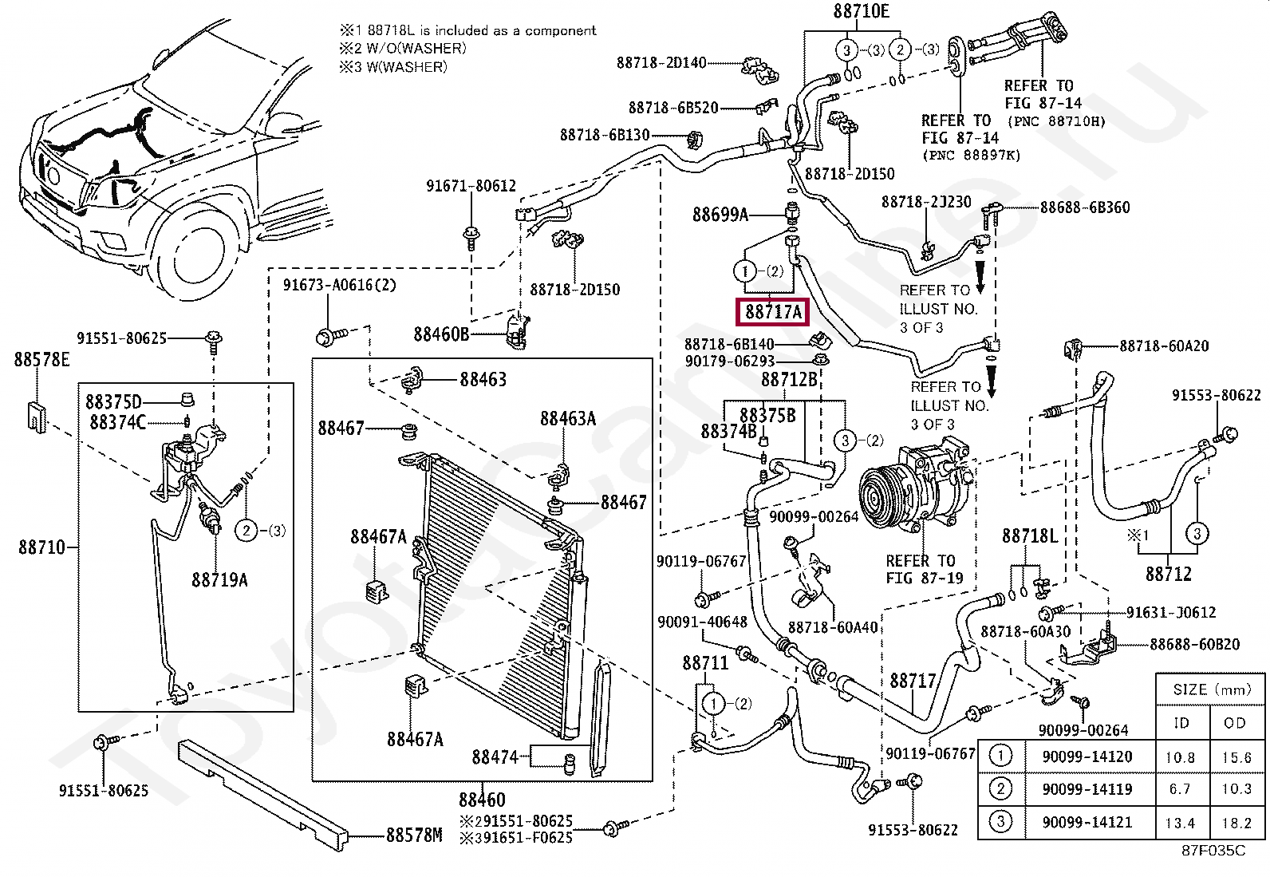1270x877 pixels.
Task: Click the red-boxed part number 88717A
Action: tap(772, 311)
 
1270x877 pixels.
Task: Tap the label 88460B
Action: tap(441, 334)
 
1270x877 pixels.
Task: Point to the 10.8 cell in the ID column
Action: tap(1180, 757)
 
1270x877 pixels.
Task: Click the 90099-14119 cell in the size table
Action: tap(1087, 789)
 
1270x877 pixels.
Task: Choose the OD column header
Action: tap(1234, 723)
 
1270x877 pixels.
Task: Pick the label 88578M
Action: tap(413, 835)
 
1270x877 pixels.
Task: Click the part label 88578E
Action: tap(41, 360)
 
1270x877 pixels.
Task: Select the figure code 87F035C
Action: tap(1213, 851)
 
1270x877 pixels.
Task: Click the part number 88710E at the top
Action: tap(861, 11)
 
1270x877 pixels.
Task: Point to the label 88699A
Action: tap(720, 215)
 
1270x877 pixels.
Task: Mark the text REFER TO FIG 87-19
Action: tap(924, 569)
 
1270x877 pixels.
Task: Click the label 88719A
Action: tap(219, 580)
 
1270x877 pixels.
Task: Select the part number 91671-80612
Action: tap(471, 186)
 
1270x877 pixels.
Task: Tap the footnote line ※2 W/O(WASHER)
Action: tap(403, 49)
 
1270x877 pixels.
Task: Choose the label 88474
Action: tap(495, 757)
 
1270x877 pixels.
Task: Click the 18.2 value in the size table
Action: tap(1236, 823)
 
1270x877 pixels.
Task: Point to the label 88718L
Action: tap(1029, 536)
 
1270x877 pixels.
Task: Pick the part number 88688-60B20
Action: tap(1194, 644)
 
